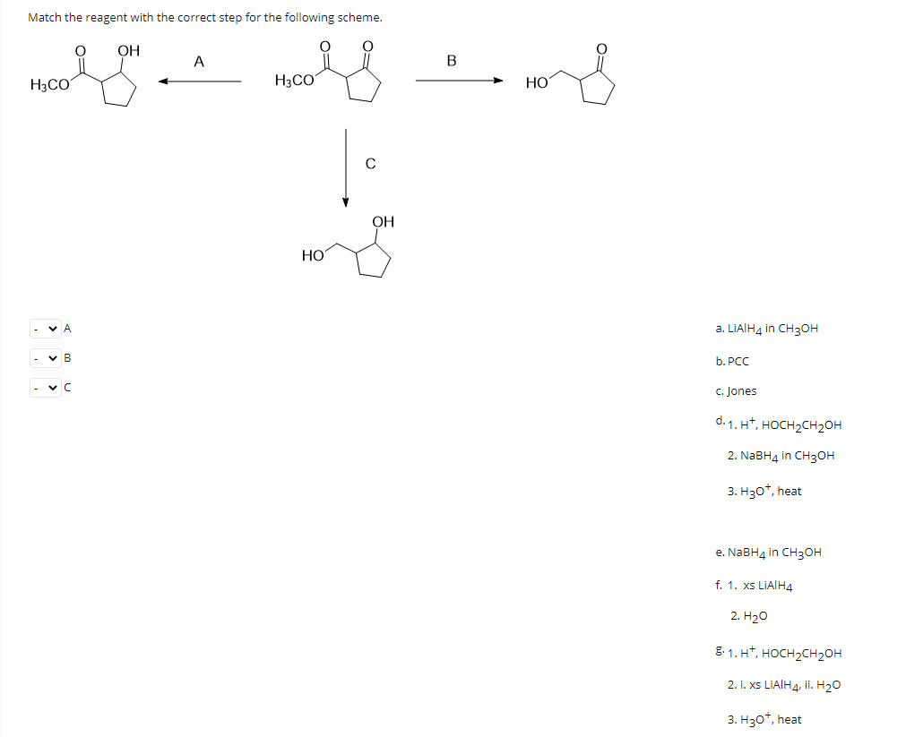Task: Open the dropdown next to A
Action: coord(45,329)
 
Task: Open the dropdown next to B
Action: coord(45,359)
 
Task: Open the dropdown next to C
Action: coord(45,389)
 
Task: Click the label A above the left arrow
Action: coord(199,62)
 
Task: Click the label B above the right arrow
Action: coord(451,62)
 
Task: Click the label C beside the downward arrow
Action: coord(370,164)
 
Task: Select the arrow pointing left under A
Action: coord(200,82)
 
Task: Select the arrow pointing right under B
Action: coord(458,82)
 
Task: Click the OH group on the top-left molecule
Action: coord(129,51)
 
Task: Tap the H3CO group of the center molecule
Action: coord(295,81)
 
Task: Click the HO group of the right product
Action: coord(537,82)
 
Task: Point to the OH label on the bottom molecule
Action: coord(383,221)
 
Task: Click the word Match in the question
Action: coord(45,17)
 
